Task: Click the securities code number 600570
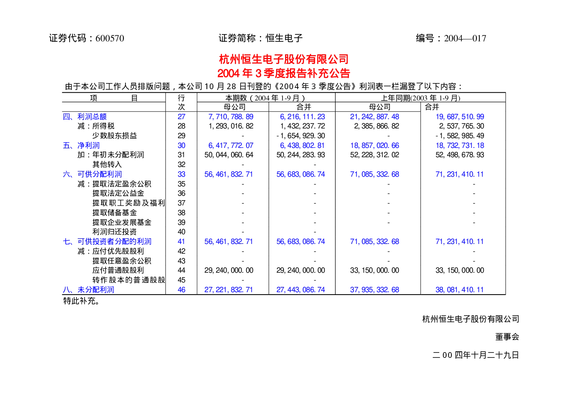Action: click(110, 38)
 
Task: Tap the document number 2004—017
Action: click(465, 38)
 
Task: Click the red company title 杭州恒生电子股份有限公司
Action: click(284, 59)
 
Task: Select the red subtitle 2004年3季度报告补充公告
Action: click(284, 73)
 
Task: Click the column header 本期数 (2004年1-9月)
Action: click(265, 98)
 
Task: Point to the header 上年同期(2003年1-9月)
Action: click(420, 98)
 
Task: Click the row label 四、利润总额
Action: click(85, 116)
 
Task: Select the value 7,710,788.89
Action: click(231, 116)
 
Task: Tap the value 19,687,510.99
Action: click(460, 116)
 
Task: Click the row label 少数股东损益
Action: click(114, 135)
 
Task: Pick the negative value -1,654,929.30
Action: click(301, 136)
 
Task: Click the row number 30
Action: click(181, 145)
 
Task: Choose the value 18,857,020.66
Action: click(374, 145)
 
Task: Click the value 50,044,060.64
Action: click(229, 155)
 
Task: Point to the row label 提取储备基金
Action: click(114, 212)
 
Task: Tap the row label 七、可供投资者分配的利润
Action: click(107, 242)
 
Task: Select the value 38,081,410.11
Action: click(460, 290)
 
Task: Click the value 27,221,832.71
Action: click(228, 290)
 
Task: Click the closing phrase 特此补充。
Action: click(81, 301)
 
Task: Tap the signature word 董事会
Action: click(507, 337)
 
